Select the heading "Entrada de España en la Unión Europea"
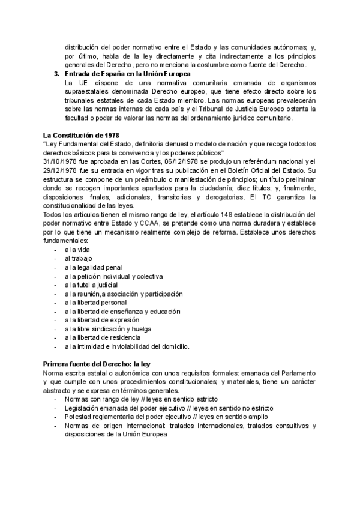click(x=127, y=74)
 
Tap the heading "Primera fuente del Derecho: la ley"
click(x=99, y=364)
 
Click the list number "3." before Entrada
click(x=57, y=74)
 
